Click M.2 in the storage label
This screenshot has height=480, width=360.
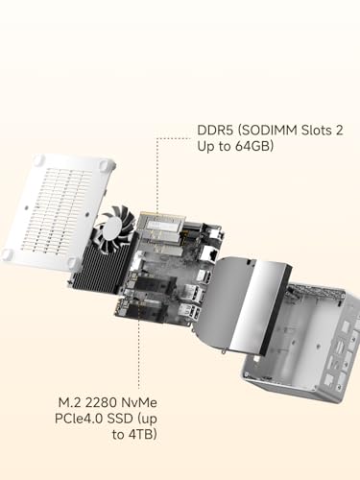69,402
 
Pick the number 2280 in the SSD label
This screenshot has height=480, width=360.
101,402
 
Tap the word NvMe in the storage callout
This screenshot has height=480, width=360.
139,402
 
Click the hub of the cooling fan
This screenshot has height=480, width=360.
112,228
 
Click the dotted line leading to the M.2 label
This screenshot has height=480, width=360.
138,348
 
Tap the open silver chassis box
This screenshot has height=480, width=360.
300,343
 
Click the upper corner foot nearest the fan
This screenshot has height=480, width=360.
105,165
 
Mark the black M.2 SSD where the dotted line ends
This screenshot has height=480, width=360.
146,309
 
